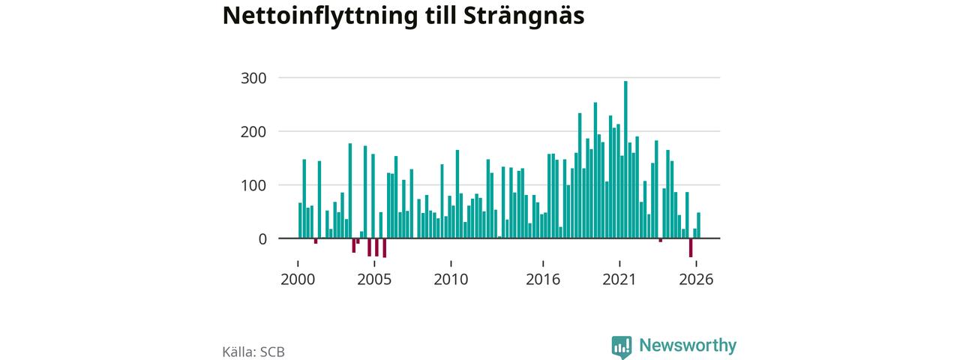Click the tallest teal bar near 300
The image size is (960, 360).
625,160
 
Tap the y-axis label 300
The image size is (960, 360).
253,79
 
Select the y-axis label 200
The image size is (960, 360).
253,132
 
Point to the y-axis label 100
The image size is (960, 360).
253,185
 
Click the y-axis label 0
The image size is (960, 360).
262,239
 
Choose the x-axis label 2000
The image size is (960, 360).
298,280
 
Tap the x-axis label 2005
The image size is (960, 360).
374,280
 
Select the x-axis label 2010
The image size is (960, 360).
451,280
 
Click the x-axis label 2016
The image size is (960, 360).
543,280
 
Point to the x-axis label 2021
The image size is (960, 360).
619,280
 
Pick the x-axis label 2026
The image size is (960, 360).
696,280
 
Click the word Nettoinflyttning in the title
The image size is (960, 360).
320,16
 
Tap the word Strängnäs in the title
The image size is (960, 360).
523,16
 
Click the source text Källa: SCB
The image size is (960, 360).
253,352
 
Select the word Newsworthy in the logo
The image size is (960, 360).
688,346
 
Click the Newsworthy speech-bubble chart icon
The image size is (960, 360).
622,347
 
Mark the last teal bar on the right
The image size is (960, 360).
698,226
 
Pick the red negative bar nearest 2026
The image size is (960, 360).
691,247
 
